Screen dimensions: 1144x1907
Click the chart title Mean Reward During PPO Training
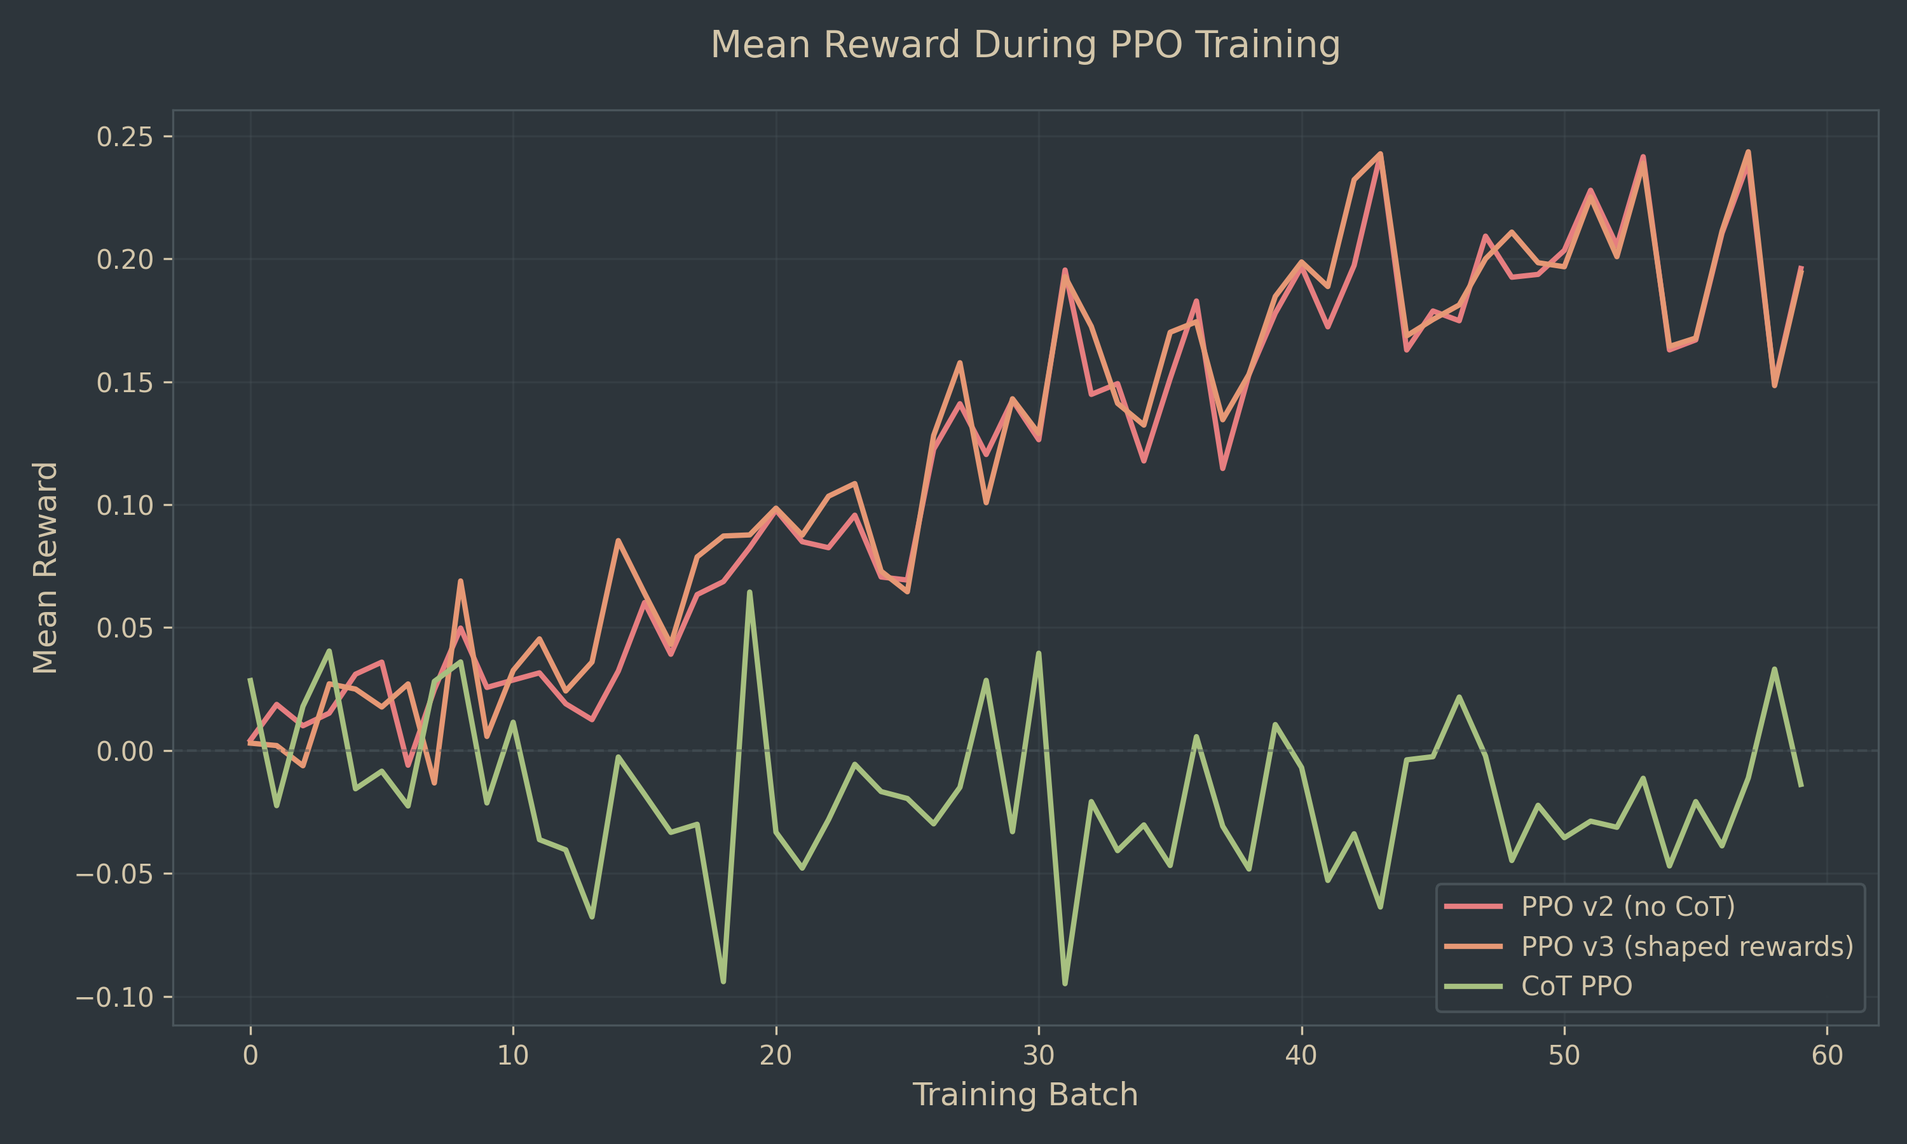[x=1025, y=44]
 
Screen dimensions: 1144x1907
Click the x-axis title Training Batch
[x=1025, y=1094]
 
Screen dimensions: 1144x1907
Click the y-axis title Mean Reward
[x=44, y=568]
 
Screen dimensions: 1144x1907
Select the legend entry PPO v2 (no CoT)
[x=1627, y=906]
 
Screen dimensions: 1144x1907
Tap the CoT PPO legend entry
[x=1576, y=986]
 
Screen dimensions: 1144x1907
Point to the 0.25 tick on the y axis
[x=124, y=137]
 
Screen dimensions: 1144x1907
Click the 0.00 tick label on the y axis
[x=124, y=751]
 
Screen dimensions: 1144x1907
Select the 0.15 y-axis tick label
[x=124, y=383]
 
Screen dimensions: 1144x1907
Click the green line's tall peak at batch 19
[x=749, y=592]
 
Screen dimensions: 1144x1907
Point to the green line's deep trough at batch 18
[x=723, y=981]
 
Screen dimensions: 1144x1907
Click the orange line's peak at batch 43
[x=1381, y=153]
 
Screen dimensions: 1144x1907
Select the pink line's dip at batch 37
[x=1222, y=468]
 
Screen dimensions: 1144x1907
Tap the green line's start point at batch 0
[x=250, y=679]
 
